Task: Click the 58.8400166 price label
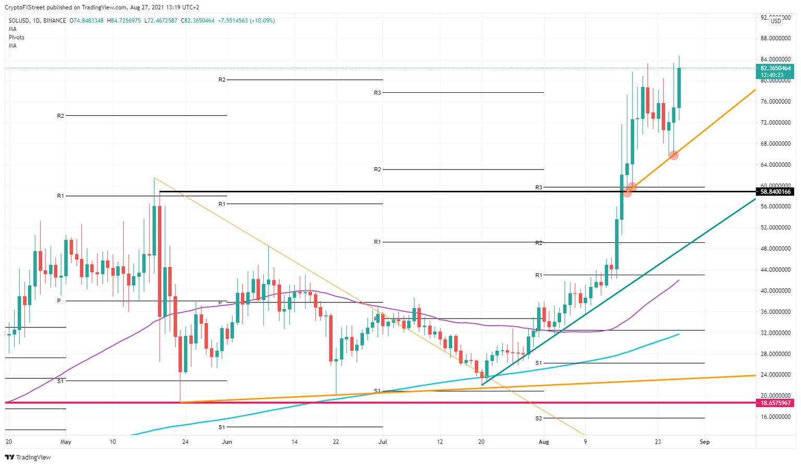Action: point(775,192)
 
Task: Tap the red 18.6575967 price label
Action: point(775,403)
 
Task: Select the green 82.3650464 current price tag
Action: point(775,68)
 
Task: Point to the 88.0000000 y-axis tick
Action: point(775,39)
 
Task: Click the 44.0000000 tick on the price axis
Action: point(775,270)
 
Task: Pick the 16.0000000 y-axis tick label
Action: point(775,417)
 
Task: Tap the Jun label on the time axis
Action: point(227,442)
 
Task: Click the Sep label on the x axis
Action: point(705,442)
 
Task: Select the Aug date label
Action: point(544,442)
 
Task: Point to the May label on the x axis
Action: point(66,442)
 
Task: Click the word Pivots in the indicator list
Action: point(16,38)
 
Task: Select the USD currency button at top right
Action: point(776,21)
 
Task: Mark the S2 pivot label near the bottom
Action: point(539,419)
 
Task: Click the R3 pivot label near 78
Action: point(378,93)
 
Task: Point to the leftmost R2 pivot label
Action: point(60,116)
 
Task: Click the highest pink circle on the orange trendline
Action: point(673,155)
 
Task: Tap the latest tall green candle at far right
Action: point(679,88)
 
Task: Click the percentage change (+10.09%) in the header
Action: point(263,21)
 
